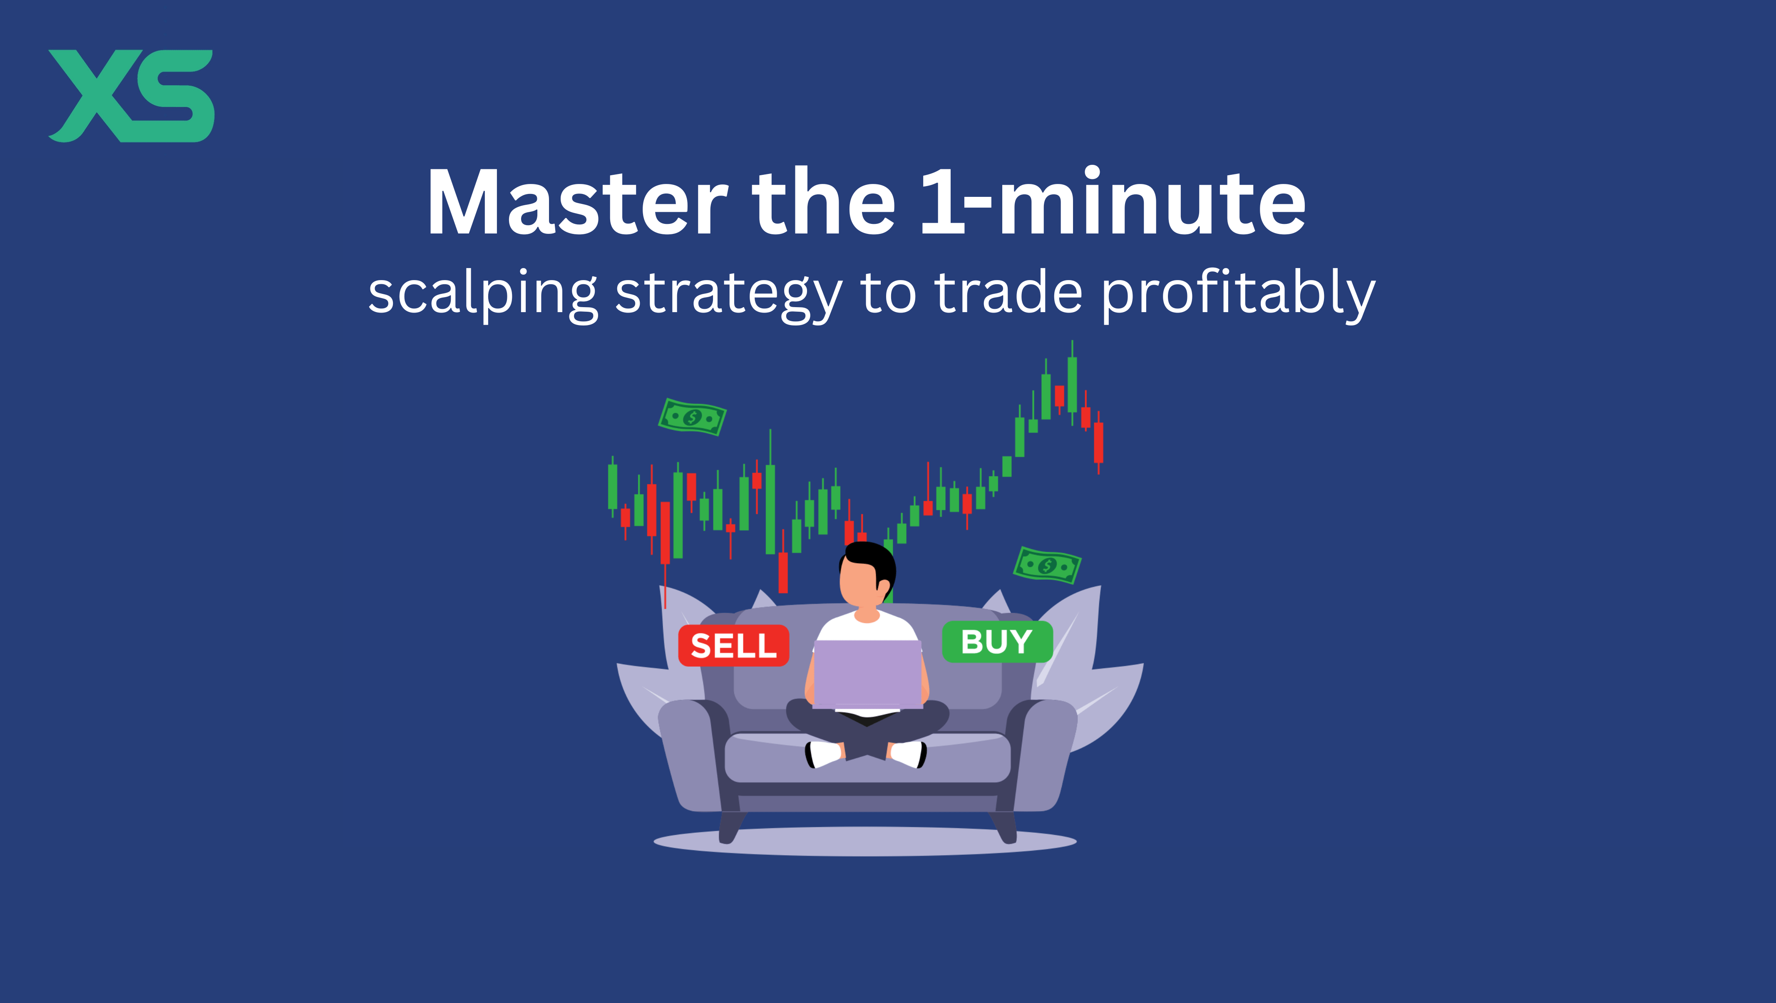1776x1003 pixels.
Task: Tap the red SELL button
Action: pos(733,645)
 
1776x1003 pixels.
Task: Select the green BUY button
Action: pos(997,642)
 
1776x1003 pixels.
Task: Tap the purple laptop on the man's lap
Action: pos(867,674)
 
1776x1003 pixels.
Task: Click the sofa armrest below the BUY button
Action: pos(1041,751)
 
